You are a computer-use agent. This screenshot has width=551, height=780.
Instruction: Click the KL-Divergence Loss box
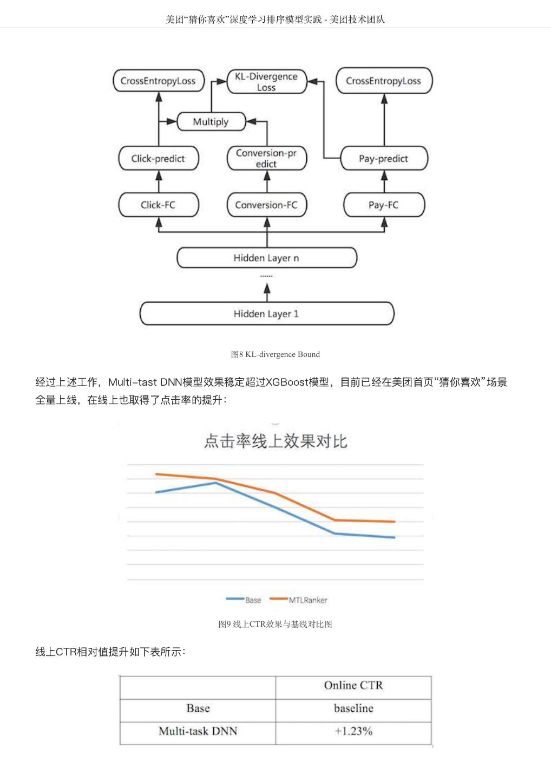(x=266, y=82)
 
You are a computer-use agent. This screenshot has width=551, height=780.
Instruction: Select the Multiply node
(x=211, y=122)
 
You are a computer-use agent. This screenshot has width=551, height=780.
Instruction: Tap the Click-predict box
(x=158, y=159)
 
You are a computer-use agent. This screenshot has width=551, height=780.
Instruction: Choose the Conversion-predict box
(x=266, y=158)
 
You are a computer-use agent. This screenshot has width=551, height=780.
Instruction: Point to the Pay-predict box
(x=384, y=159)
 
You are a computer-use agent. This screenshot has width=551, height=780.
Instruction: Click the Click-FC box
(x=158, y=205)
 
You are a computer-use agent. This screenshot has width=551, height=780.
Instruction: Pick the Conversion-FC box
(x=266, y=205)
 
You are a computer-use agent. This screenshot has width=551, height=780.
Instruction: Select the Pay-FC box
(x=384, y=205)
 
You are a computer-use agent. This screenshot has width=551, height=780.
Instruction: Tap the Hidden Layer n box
(x=266, y=258)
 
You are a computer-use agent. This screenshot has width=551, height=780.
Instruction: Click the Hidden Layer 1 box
(x=266, y=314)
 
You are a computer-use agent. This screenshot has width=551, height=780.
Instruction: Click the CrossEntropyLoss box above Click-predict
(x=158, y=81)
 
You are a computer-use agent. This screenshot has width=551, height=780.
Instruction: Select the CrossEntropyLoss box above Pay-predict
(x=384, y=81)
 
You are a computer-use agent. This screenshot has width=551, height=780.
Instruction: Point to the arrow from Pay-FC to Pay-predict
(x=384, y=181)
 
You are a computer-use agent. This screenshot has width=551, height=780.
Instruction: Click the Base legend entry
(x=244, y=600)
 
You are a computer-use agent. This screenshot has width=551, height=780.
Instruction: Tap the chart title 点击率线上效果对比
(x=275, y=441)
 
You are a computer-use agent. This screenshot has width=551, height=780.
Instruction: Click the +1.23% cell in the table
(x=353, y=731)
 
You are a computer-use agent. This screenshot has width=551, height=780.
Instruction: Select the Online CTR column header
(x=353, y=686)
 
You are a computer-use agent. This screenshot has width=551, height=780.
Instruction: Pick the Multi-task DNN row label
(x=198, y=731)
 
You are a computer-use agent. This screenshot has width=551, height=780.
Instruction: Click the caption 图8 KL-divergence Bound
(x=275, y=354)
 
